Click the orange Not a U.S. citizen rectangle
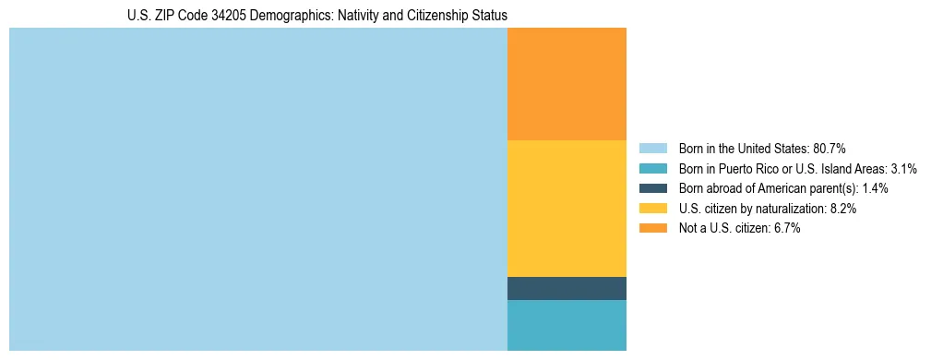click(x=567, y=84)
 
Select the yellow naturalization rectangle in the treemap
click(x=567, y=208)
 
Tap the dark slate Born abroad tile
click(x=567, y=288)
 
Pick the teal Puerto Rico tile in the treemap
click(x=567, y=325)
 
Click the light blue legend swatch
click(x=652, y=148)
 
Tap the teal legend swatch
click(x=652, y=168)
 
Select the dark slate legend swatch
click(x=652, y=188)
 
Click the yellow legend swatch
click(x=652, y=209)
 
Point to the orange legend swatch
click(x=652, y=229)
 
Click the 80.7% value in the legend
click(x=830, y=148)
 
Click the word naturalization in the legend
click(x=781, y=209)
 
